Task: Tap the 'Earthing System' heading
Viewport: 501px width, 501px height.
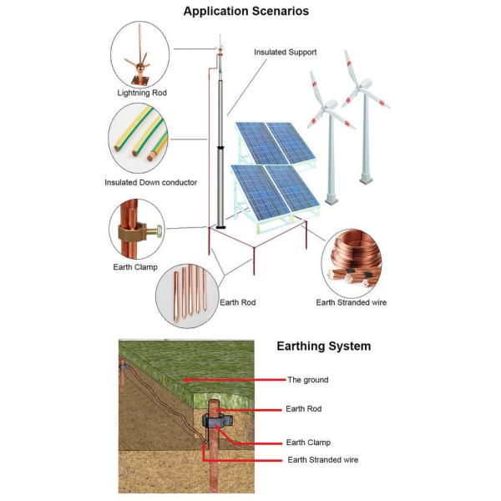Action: pos(323,346)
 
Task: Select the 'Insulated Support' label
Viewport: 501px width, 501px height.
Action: pos(285,52)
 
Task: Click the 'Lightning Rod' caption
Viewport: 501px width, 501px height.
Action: pos(141,93)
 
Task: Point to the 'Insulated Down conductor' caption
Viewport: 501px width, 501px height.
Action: pos(150,182)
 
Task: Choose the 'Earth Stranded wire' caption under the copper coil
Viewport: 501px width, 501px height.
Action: pos(351,302)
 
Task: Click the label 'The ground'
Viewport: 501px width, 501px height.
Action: pos(308,379)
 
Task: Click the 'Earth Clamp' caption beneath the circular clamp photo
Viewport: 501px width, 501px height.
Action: pos(134,267)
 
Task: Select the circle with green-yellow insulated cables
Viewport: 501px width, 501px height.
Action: pos(141,139)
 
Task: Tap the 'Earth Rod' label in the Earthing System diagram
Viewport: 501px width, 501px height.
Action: pos(303,409)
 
